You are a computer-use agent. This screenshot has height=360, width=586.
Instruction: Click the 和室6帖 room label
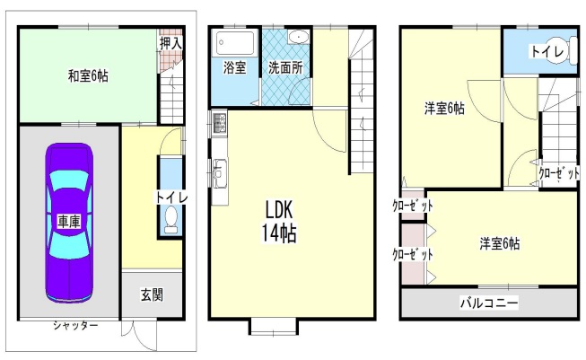click(88, 75)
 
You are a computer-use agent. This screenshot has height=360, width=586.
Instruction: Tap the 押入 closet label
click(171, 42)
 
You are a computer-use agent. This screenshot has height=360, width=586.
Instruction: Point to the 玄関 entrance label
click(151, 294)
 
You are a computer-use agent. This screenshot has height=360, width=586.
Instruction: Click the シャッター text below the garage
click(74, 324)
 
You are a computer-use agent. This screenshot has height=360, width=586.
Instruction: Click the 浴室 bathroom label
click(235, 68)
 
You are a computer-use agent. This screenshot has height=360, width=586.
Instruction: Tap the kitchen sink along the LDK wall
click(221, 170)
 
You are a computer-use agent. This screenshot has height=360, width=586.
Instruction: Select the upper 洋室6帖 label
click(444, 109)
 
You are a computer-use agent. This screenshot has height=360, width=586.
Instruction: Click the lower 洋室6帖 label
click(499, 242)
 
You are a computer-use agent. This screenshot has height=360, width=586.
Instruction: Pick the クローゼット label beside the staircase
click(557, 174)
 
